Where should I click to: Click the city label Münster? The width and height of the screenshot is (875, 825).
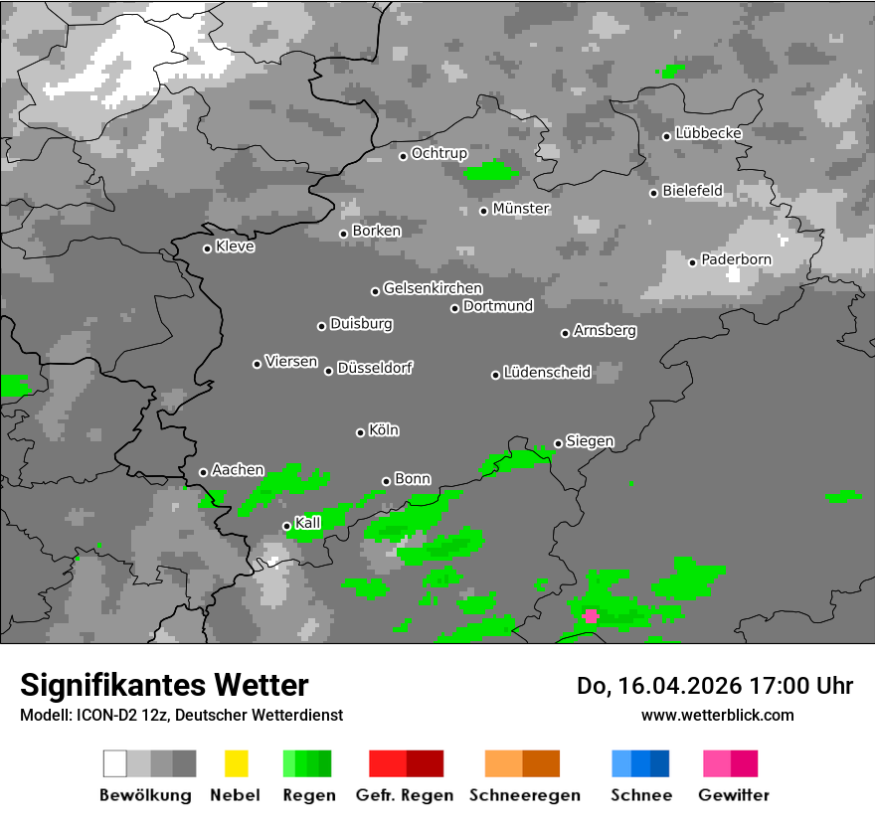(521, 209)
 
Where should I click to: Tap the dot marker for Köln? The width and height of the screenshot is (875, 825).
(360, 432)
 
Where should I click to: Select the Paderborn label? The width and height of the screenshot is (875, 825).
(736, 259)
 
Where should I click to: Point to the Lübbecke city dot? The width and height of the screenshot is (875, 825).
(667, 136)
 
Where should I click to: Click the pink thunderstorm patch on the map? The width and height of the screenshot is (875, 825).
(591, 616)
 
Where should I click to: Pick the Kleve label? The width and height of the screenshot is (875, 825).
(235, 247)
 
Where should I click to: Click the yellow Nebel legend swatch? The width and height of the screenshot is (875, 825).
(236, 763)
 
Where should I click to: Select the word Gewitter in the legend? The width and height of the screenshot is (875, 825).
(734, 795)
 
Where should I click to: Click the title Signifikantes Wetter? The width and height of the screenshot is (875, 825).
(165, 685)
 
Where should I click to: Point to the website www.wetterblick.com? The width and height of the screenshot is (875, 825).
(718, 715)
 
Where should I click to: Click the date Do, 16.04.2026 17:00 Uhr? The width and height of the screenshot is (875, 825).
(715, 686)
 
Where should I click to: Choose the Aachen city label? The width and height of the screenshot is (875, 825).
(238, 469)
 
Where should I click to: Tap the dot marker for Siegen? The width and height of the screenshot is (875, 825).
(558, 444)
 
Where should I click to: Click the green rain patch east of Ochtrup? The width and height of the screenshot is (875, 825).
(491, 171)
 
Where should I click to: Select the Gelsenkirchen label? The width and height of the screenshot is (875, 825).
(433, 288)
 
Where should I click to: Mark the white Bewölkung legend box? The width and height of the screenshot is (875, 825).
(115, 763)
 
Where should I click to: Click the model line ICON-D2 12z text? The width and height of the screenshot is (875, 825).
(181, 715)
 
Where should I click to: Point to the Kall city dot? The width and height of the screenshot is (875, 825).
(286, 526)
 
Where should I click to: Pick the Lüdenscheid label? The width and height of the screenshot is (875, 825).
(547, 373)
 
